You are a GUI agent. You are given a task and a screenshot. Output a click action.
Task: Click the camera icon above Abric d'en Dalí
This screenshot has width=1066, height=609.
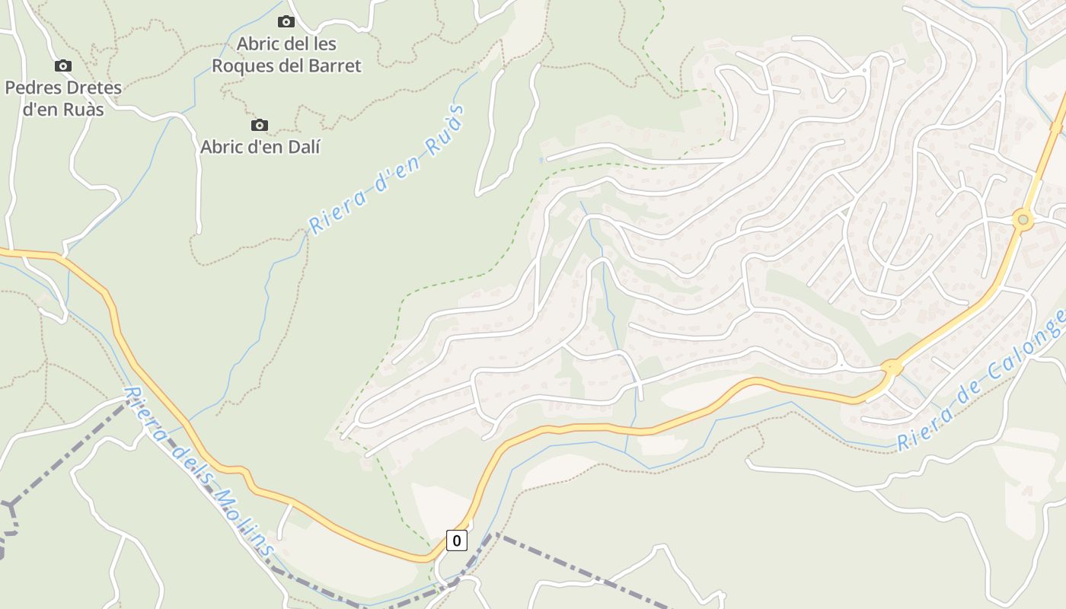[260, 125]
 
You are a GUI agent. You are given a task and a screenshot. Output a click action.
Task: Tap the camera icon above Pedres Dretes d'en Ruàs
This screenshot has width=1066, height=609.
[63, 66]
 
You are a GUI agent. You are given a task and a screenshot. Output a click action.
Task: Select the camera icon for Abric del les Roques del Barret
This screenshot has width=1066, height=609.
[286, 21]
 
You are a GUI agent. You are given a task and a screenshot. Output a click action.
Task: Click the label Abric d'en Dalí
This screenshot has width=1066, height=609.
[260, 147]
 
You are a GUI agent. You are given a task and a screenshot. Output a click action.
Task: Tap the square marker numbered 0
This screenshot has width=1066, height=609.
[456, 540]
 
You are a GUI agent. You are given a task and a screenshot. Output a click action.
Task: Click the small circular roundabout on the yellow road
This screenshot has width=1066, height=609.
[1023, 221]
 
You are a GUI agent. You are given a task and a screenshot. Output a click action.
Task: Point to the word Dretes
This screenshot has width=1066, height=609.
[93, 88]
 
